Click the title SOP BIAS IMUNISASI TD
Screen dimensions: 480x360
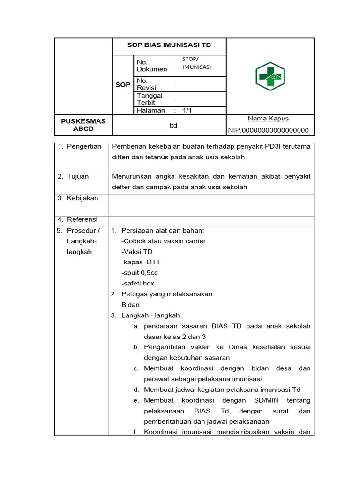click(x=169, y=45)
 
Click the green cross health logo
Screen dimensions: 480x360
click(x=270, y=76)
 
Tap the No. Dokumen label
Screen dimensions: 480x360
click(x=151, y=66)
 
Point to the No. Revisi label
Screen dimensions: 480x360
click(x=146, y=84)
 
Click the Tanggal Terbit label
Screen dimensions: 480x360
click(x=150, y=99)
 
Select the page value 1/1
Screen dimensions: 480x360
click(x=187, y=111)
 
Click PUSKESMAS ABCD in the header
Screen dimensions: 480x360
click(x=83, y=125)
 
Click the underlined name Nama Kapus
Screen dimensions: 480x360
click(x=268, y=119)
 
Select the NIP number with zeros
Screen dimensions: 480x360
click(x=269, y=130)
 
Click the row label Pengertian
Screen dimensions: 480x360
click(x=84, y=147)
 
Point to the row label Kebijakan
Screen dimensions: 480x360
click(x=82, y=198)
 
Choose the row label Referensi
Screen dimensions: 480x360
click(x=82, y=219)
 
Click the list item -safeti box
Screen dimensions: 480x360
click(x=138, y=284)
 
